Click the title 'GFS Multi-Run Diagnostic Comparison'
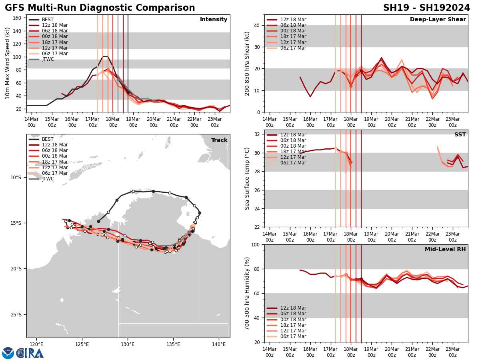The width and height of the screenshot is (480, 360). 100,8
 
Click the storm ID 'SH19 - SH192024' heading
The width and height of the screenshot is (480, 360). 426,8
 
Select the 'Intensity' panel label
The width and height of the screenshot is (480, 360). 214,20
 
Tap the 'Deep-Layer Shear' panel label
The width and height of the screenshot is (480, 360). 438,20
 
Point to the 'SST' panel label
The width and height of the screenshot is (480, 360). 460,135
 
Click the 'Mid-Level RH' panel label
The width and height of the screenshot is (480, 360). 445,250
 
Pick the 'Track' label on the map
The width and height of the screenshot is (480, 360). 219,140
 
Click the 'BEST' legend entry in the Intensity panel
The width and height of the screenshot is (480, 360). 48,20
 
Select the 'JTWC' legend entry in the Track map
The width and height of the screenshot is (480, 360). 48,179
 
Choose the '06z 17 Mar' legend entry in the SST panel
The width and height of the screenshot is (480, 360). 293,163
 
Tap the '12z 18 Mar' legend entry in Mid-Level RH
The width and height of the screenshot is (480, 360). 293,308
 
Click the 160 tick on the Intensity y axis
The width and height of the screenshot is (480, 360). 18,18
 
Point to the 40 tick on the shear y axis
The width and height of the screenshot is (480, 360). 256,26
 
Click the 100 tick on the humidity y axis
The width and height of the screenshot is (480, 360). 255,245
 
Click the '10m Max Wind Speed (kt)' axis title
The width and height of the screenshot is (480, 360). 7,63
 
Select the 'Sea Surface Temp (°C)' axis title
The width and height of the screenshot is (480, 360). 247,178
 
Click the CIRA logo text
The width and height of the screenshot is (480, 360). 30,353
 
